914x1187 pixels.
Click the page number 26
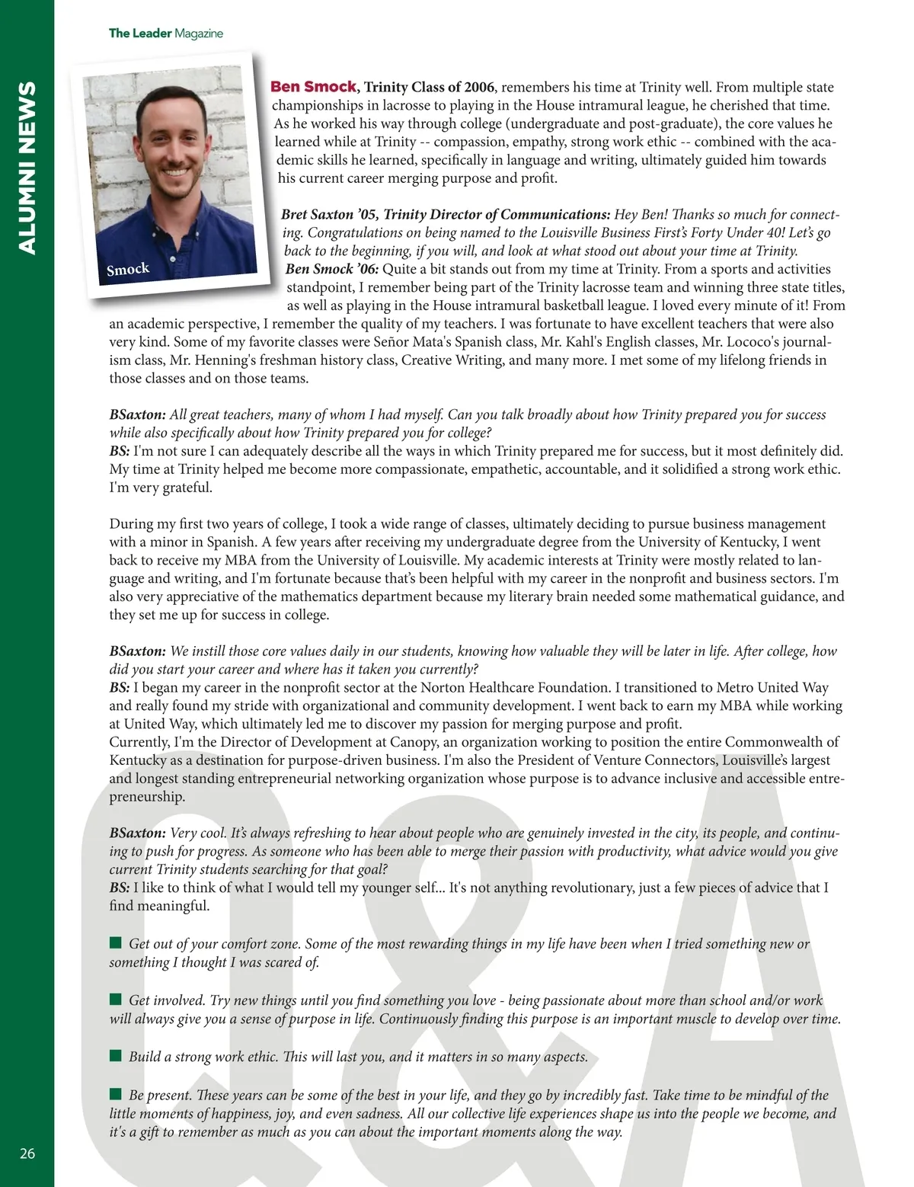point(27,1153)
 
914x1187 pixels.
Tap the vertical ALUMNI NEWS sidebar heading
point(27,168)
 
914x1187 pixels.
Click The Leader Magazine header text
point(165,33)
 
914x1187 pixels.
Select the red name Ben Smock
point(313,87)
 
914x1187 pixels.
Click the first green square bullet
point(116,943)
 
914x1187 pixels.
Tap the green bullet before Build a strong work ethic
point(116,1056)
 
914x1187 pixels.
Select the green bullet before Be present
point(116,1094)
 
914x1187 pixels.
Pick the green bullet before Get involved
point(116,1000)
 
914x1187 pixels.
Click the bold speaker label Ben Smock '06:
point(332,269)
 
